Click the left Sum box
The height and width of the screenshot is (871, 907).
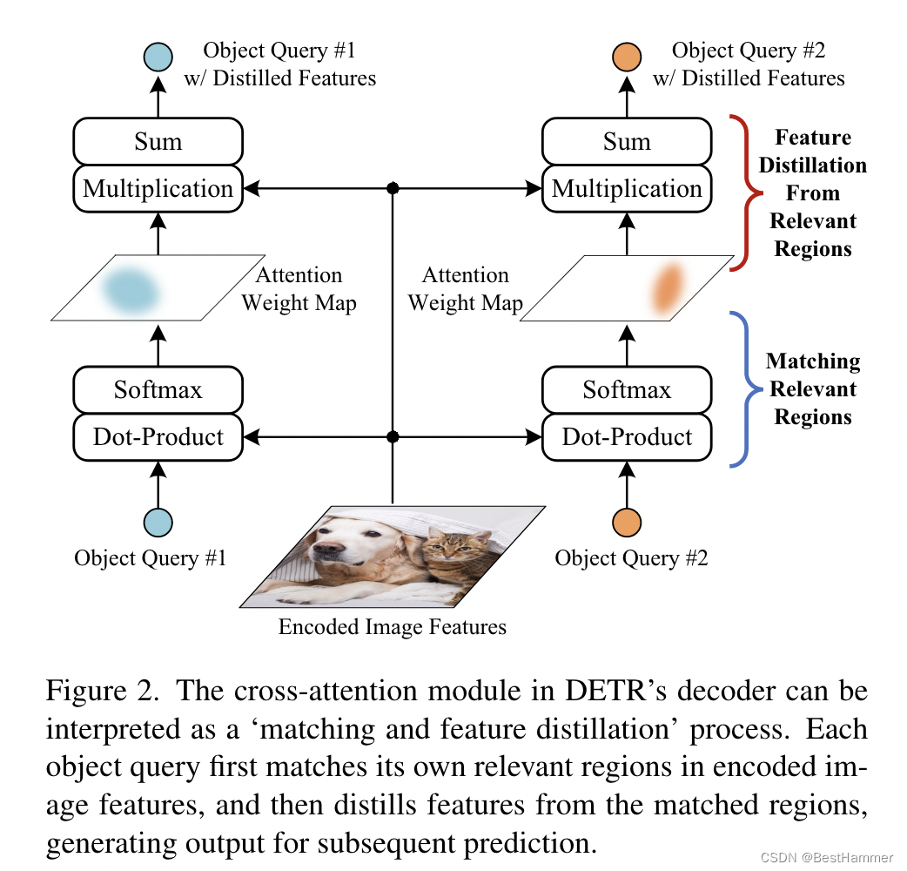pyautogui.click(x=158, y=141)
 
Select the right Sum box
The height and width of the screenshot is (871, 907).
pyautogui.click(x=627, y=141)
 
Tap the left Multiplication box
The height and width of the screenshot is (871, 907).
pyautogui.click(x=158, y=189)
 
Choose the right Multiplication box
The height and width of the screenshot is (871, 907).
pyautogui.click(x=627, y=189)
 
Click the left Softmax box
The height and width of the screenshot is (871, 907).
pyautogui.click(x=158, y=389)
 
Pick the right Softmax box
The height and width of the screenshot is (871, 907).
pyautogui.click(x=627, y=389)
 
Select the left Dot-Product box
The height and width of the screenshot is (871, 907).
pyautogui.click(x=158, y=437)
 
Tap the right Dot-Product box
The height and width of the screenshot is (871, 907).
pyautogui.click(x=627, y=437)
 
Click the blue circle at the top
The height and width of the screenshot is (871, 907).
pyautogui.click(x=158, y=57)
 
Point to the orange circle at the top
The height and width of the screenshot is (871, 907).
pyautogui.click(x=627, y=57)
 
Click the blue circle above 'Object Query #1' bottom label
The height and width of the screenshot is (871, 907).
pyautogui.click(x=158, y=522)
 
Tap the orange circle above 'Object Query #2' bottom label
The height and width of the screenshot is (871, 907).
pyautogui.click(x=627, y=522)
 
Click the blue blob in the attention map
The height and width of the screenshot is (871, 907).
pyautogui.click(x=131, y=290)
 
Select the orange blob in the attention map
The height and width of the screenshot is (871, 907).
pyautogui.click(x=668, y=289)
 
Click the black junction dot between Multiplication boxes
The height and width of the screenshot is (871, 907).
pyautogui.click(x=393, y=188)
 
